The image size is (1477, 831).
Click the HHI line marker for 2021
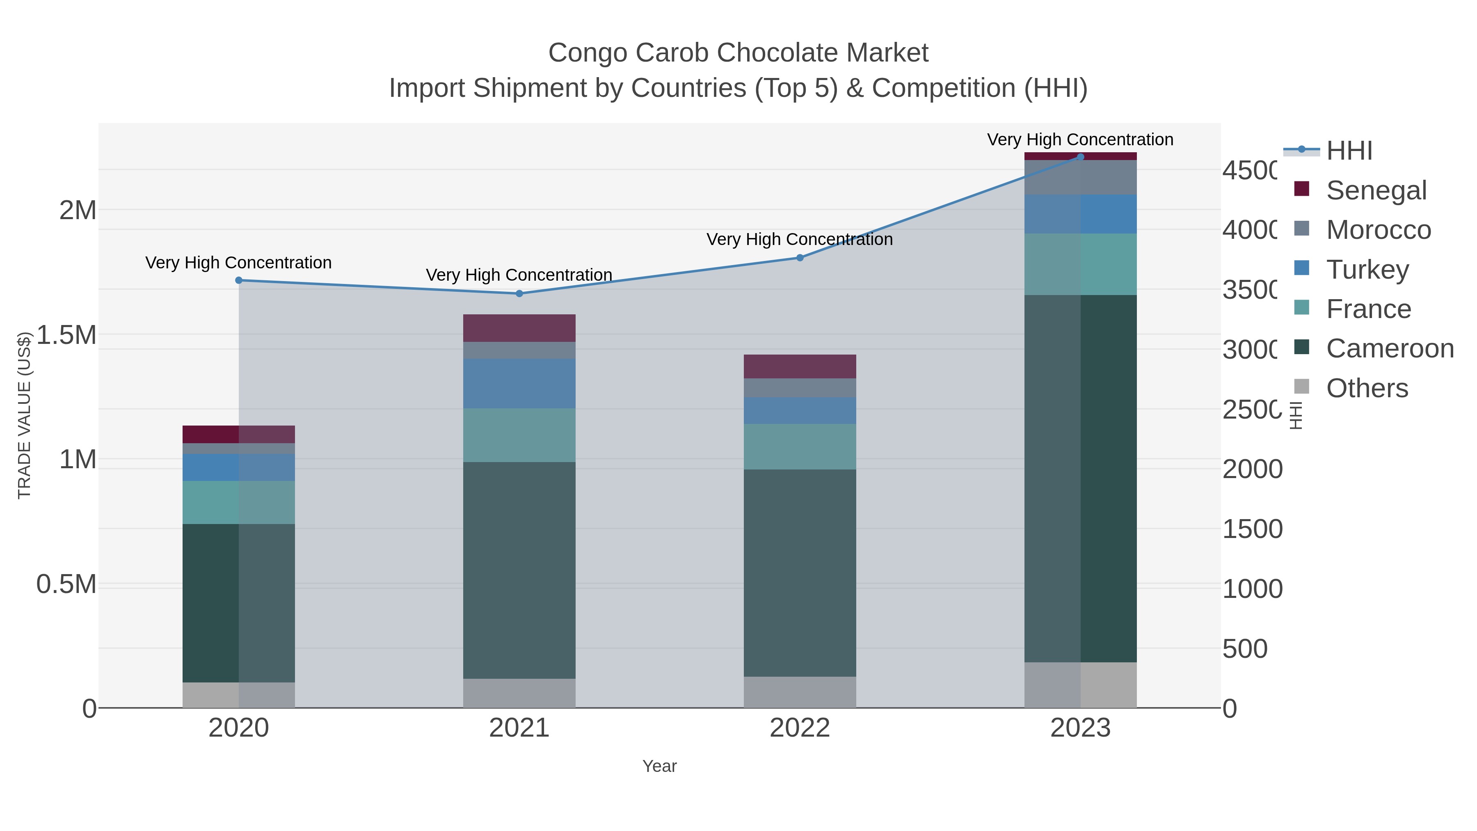point(519,294)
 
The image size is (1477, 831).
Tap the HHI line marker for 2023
point(1080,157)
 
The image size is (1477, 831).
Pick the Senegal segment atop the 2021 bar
point(519,328)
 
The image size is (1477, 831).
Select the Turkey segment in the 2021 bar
point(519,384)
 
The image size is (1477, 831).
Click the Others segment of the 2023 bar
point(1080,685)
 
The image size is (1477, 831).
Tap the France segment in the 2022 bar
point(800,447)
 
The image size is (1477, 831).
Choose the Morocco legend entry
point(1379,230)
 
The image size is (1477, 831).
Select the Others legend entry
point(1367,388)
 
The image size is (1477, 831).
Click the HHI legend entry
point(1349,151)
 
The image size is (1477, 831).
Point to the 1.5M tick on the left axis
point(66,335)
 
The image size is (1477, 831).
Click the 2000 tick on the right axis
point(1252,469)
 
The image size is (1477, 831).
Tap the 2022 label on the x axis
point(800,728)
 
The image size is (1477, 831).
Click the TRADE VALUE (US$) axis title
point(24,415)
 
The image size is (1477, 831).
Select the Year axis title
point(659,766)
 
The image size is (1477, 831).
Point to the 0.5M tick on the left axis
point(66,584)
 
